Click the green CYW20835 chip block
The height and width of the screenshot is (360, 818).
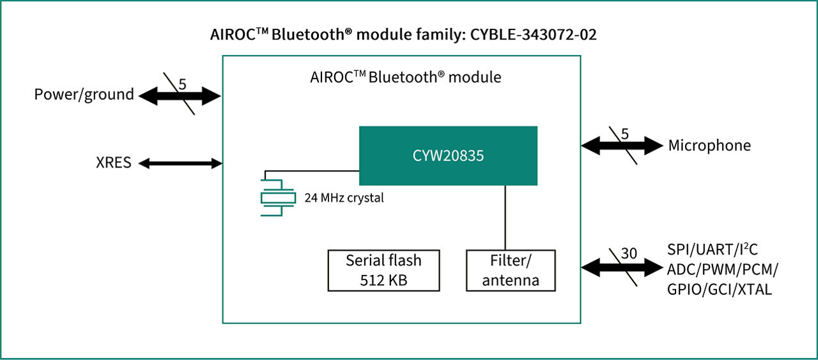point(447,155)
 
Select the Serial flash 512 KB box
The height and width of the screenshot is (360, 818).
point(383,270)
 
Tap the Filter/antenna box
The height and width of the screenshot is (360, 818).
point(510,270)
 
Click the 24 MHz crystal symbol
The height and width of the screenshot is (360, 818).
point(277,198)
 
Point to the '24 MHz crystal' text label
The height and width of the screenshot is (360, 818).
point(344,198)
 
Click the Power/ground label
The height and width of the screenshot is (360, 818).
point(84,95)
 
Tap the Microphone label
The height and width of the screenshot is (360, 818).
point(709,146)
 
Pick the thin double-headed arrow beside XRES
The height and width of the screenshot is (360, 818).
point(180,163)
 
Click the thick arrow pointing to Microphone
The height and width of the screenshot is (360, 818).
point(622,146)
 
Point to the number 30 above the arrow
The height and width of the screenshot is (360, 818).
point(629,253)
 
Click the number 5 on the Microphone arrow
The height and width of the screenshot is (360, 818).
point(625,133)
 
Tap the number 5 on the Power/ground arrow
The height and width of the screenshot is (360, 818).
point(182,83)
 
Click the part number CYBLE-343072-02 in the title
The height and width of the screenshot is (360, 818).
point(534,35)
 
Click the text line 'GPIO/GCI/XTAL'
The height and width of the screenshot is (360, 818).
point(720,289)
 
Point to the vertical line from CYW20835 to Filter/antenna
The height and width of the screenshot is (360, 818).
point(505,217)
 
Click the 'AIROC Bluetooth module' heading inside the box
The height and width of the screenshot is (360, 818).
point(405,77)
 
